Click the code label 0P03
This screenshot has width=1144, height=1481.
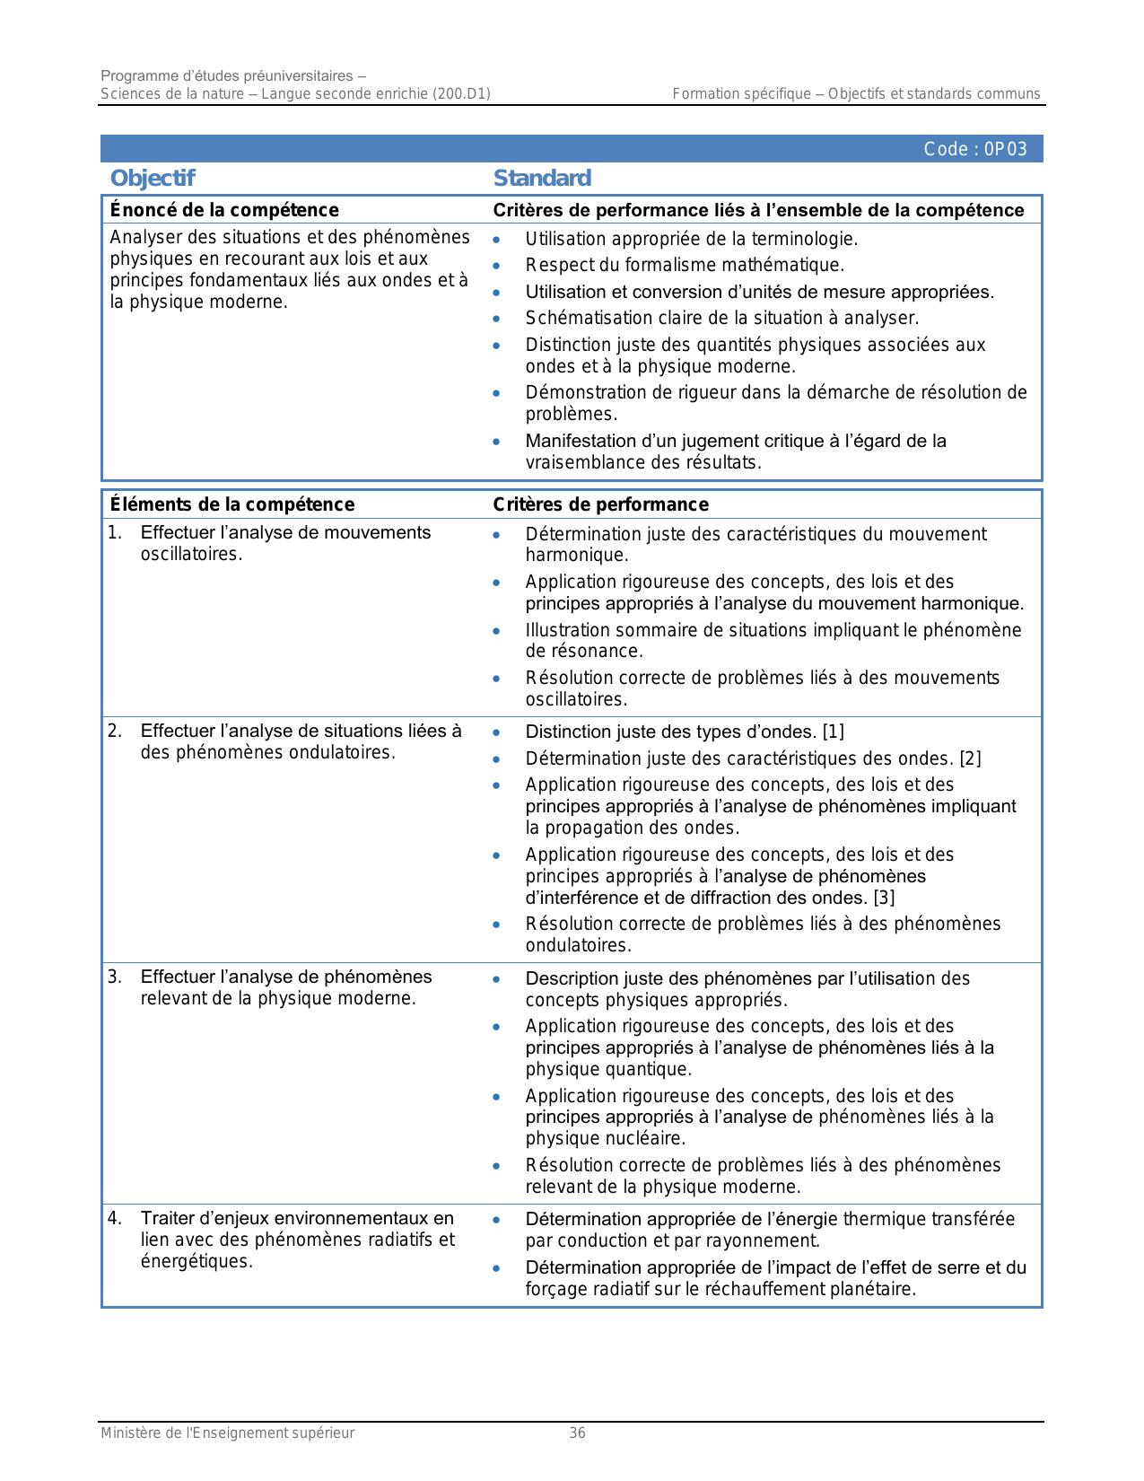coord(974,149)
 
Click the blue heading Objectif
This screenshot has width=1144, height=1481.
coord(153,178)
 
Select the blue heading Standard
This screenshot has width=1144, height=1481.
coord(542,178)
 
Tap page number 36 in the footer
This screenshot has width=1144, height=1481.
coord(578,1433)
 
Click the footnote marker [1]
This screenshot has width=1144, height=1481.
coord(834,732)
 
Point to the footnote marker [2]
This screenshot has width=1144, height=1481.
coord(970,758)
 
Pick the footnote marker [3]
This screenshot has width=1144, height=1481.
coord(884,898)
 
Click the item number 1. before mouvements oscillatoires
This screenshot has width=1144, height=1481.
coord(115,533)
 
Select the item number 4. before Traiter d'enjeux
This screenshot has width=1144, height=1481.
coord(115,1218)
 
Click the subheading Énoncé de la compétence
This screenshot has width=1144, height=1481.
coord(224,210)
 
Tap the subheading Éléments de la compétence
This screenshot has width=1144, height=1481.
coord(231,504)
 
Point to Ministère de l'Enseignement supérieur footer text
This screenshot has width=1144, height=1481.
coord(227,1433)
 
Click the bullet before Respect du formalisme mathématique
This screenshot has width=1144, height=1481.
coord(496,266)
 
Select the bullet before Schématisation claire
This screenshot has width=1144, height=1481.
coord(496,319)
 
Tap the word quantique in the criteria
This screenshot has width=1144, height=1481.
coord(653,1069)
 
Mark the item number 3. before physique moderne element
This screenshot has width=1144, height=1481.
coord(115,977)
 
